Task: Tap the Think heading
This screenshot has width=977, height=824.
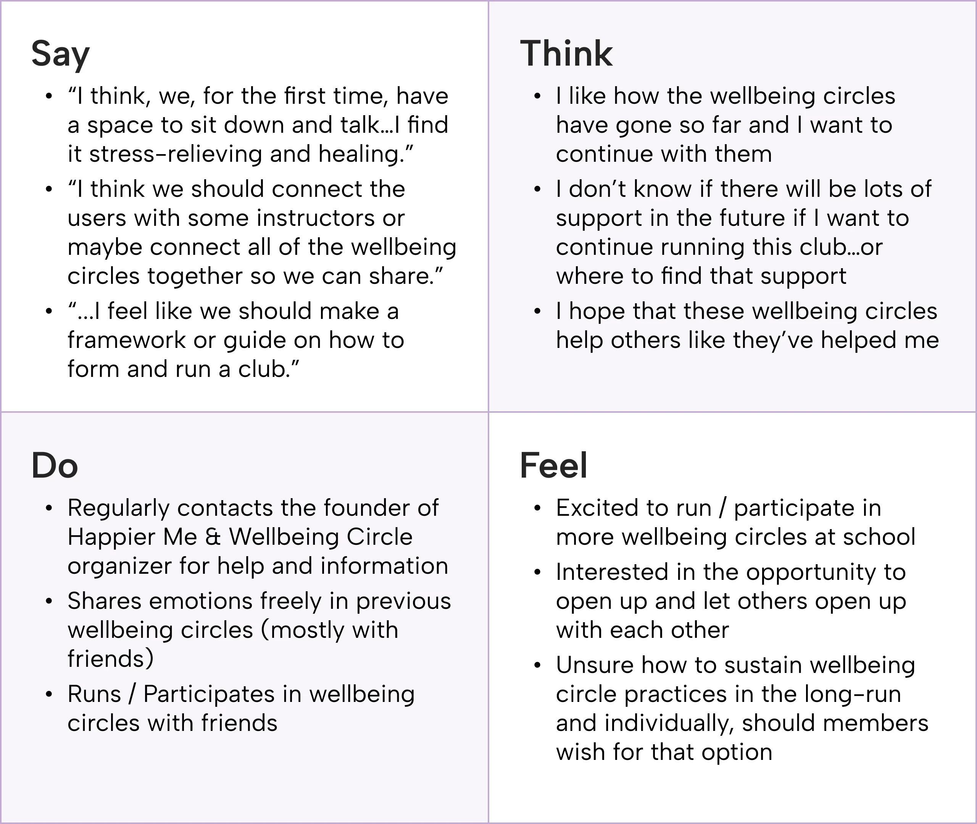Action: [566, 54]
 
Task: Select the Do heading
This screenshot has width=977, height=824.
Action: [55, 466]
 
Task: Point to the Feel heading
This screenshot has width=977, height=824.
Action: [553, 466]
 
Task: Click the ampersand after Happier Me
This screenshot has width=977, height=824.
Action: [213, 537]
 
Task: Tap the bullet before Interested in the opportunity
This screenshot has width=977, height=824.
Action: [537, 572]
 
